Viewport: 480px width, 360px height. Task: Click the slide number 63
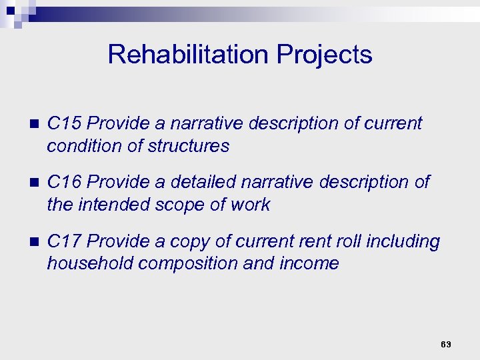point(446,344)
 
